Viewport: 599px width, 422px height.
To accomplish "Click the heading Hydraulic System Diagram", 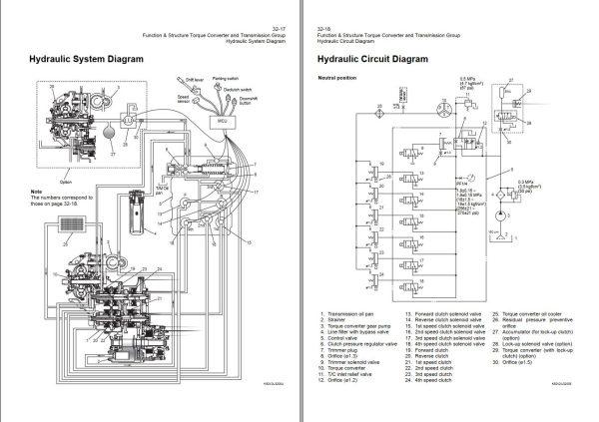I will coord(83,60).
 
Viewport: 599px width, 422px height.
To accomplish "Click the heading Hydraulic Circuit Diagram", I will coord(372,60).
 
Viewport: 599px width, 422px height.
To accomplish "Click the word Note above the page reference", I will coord(37,191).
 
